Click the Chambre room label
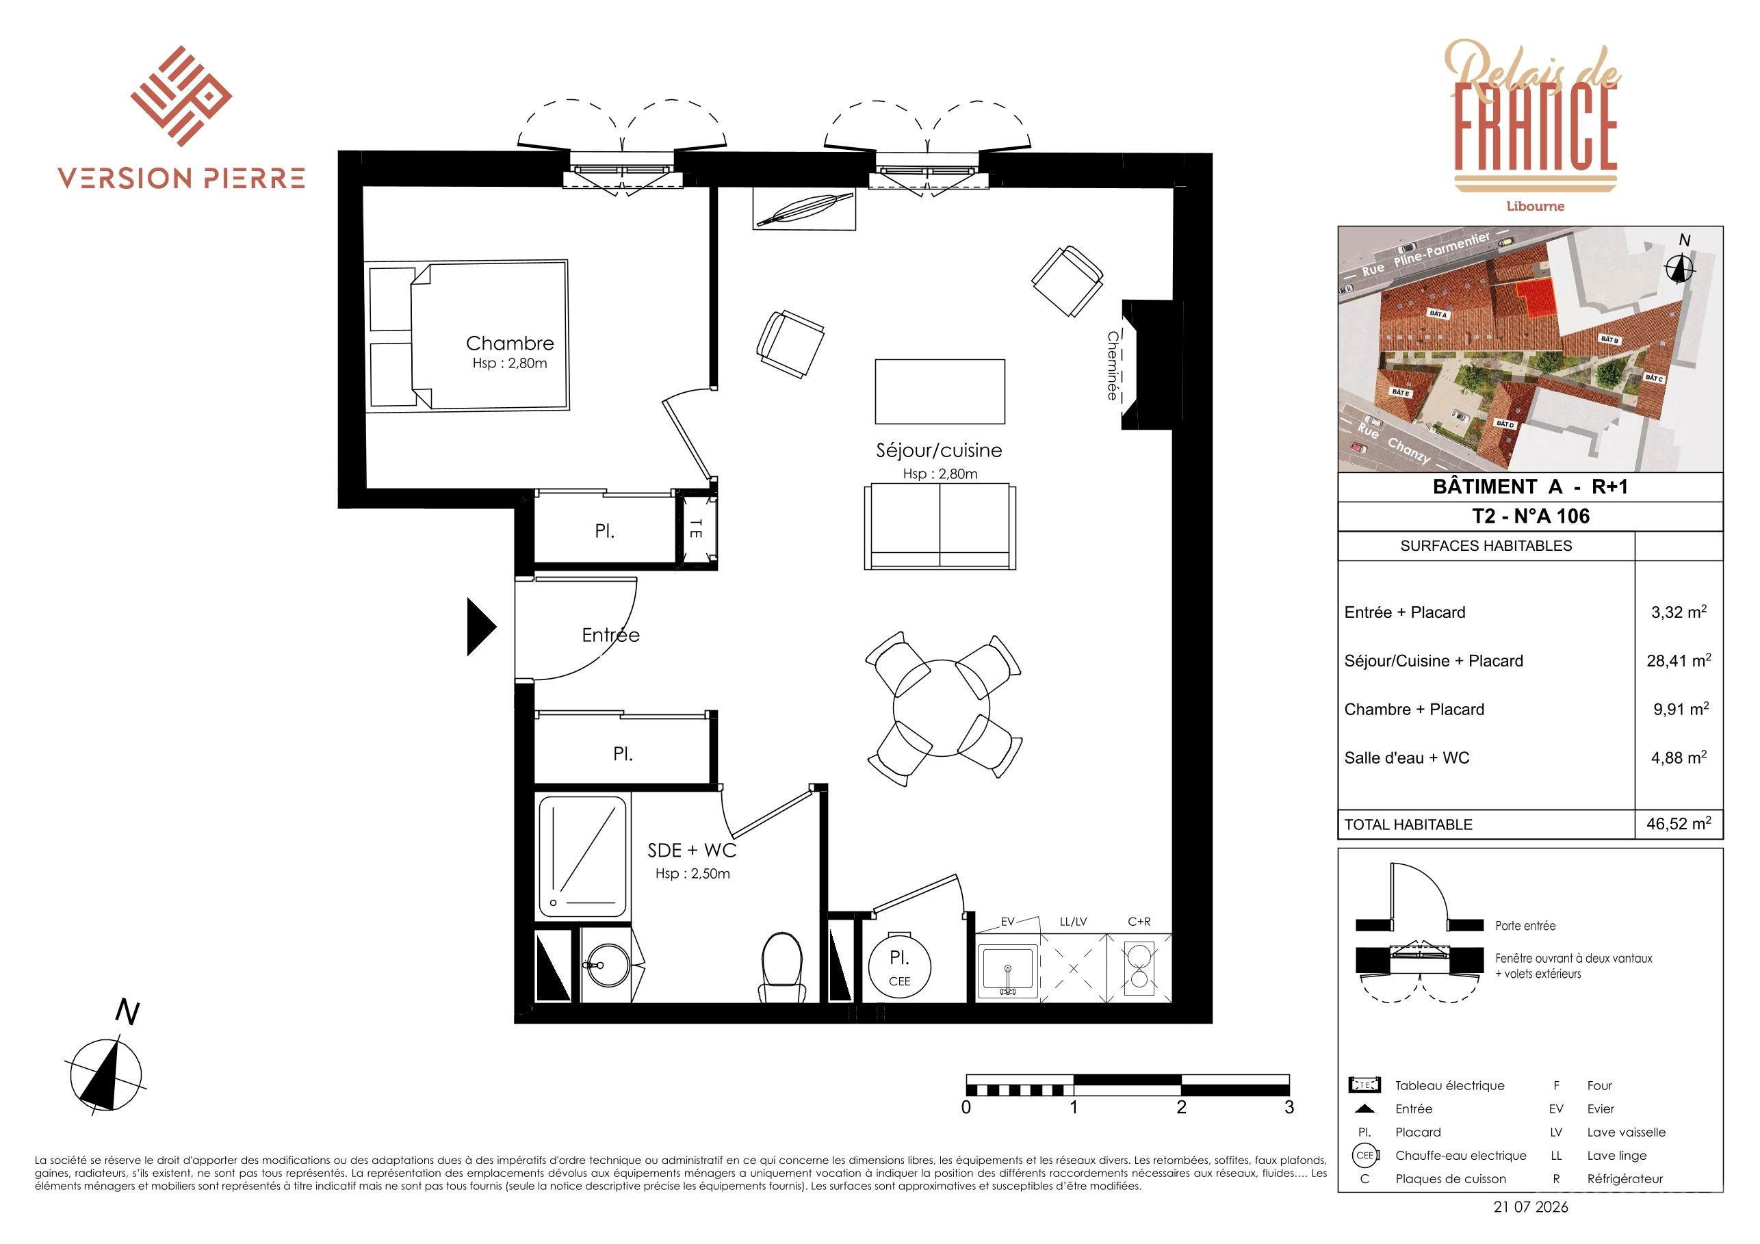click(x=510, y=344)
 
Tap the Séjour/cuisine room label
click(x=939, y=451)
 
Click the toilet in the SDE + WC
click(x=783, y=968)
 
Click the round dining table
click(x=942, y=708)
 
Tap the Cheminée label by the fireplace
click(x=1112, y=365)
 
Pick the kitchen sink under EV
click(x=1008, y=972)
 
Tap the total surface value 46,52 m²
click(x=1679, y=823)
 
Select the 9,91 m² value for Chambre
click(x=1681, y=708)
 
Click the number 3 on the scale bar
click(x=1289, y=1106)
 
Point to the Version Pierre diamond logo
click(x=181, y=96)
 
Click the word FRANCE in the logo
click(x=1536, y=128)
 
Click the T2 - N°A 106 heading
click(x=1531, y=516)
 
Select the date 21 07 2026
click(x=1531, y=1206)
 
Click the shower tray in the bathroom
click(x=582, y=856)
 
